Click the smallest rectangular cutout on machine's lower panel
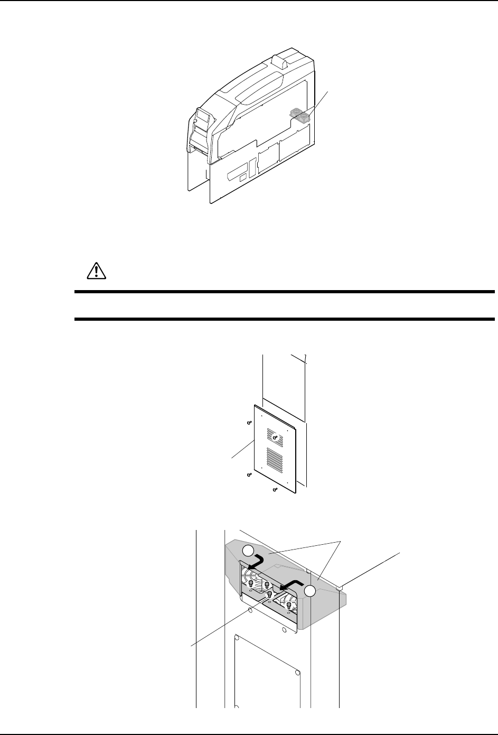pos(242,179)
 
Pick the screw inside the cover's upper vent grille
pos(275,437)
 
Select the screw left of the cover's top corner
pos(249,422)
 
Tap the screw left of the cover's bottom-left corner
pos(249,475)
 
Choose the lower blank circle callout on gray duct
pos(309,591)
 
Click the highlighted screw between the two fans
pos(269,594)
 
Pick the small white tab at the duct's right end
pos(341,587)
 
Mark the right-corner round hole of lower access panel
pos(298,672)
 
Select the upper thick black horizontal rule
pos(285,292)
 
